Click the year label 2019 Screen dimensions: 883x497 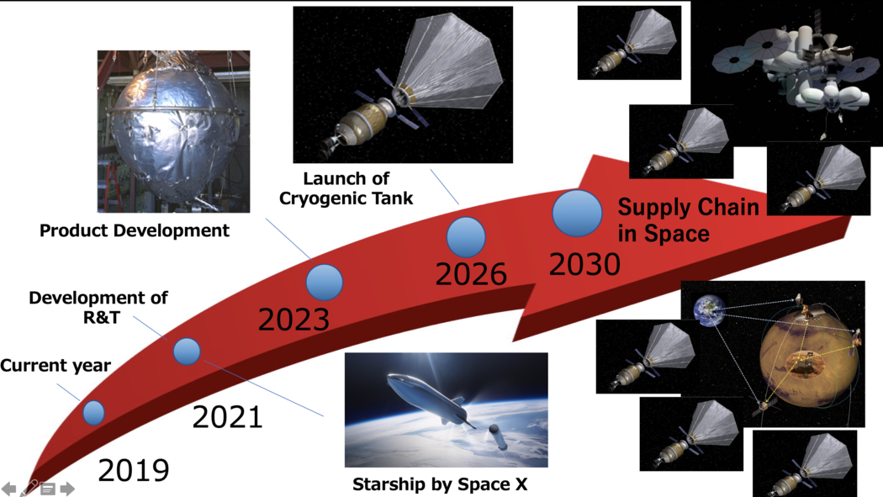(x=134, y=470)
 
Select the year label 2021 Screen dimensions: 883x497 (x=228, y=417)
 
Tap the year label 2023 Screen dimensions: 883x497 (x=293, y=320)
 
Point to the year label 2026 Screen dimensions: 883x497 (x=471, y=274)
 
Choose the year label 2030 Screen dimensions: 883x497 (x=584, y=264)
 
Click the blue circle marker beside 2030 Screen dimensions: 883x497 (x=577, y=214)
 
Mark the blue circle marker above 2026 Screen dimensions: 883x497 (x=466, y=237)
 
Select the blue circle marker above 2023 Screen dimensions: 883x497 (x=325, y=282)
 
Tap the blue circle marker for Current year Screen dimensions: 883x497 (x=93, y=413)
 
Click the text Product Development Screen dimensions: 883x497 (x=134, y=230)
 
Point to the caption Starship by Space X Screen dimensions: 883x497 (x=440, y=484)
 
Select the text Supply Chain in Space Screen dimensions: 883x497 (x=688, y=220)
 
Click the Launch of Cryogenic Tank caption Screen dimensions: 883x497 (x=346, y=188)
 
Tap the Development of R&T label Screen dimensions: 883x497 (x=98, y=307)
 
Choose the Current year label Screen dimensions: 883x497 (x=56, y=365)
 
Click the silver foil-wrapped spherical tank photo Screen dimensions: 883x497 (x=173, y=132)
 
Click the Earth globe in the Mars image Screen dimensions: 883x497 (x=710, y=310)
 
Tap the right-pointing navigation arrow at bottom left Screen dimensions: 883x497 (x=67, y=489)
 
